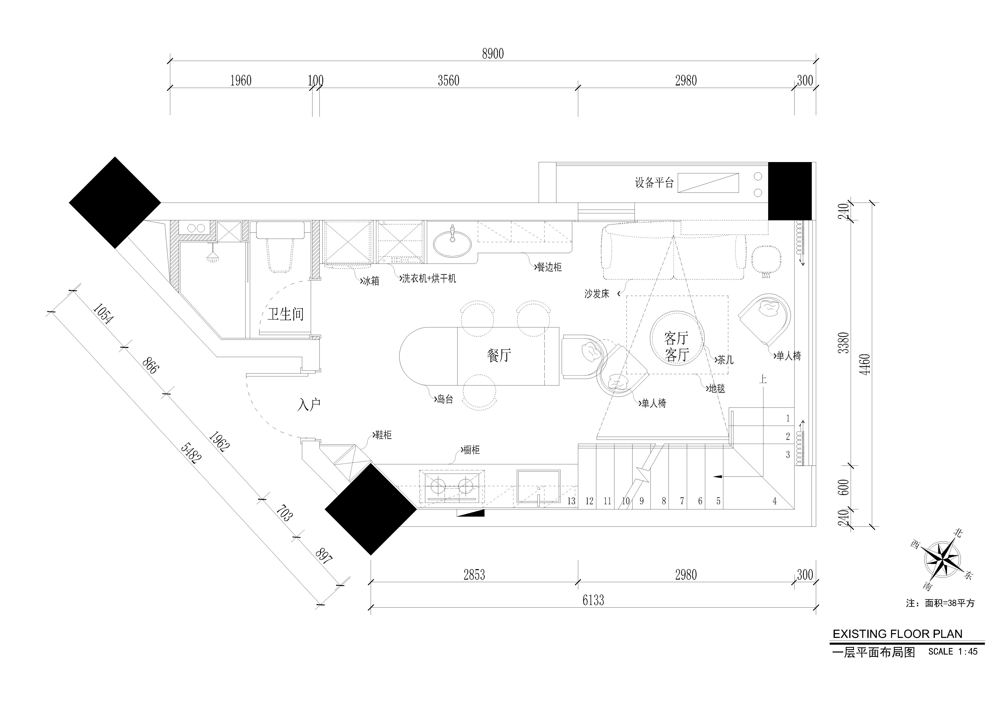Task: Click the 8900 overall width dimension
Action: pos(493,54)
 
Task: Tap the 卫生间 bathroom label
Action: pos(286,314)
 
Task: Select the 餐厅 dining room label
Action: pos(499,355)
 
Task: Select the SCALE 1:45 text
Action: pos(953,651)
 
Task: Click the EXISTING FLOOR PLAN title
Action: pos(898,634)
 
